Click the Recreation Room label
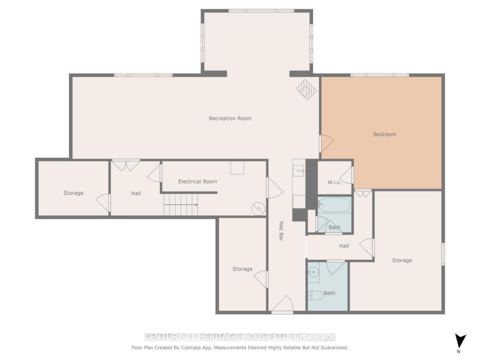tap(230, 118)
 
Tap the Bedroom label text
tap(384, 134)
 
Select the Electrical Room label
tap(197, 181)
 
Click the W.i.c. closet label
tap(334, 182)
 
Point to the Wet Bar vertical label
tap(281, 231)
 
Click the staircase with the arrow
tap(181, 205)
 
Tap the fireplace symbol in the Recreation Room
tap(306, 90)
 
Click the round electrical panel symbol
tap(258, 208)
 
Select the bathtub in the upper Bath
tap(334, 205)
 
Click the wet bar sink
tap(299, 171)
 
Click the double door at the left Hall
tap(126, 165)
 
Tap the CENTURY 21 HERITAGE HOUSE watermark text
tap(240, 337)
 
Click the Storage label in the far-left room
tap(73, 193)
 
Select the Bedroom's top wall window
tap(379, 75)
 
